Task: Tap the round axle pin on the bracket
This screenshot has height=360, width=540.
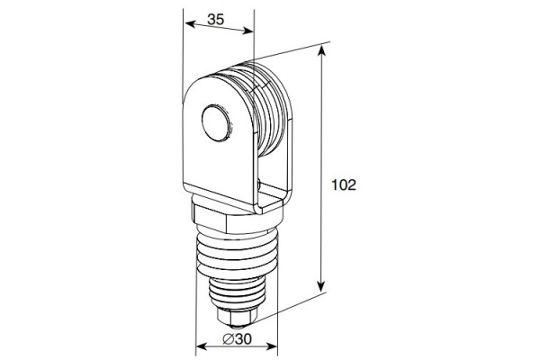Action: (214, 123)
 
